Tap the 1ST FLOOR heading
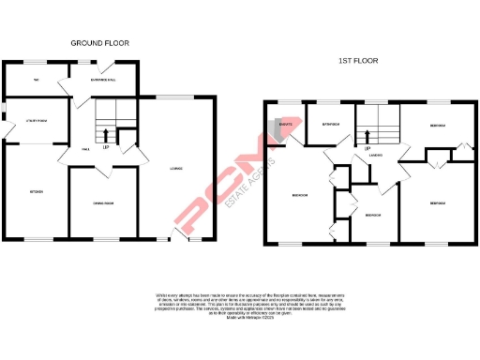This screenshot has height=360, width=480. coord(359,61)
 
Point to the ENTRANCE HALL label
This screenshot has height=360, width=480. coord(101,79)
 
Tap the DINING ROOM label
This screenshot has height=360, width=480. coord(102,203)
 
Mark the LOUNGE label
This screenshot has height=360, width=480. coord(175,169)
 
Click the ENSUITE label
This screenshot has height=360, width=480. coord(286,123)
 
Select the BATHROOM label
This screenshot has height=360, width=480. coord(331,123)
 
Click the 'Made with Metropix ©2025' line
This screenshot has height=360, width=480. coord(239,320)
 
